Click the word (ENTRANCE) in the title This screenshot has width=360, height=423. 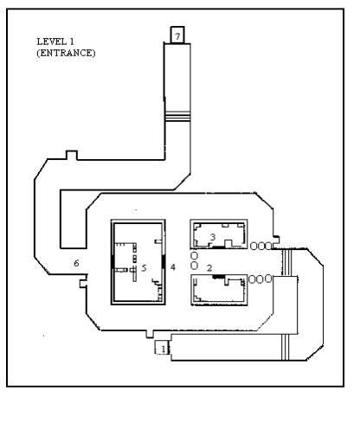pyautogui.click(x=66, y=53)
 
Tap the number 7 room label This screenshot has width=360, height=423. pyautogui.click(x=177, y=36)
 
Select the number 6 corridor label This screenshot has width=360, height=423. pyautogui.click(x=76, y=263)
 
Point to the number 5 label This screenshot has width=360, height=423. pyautogui.click(x=144, y=268)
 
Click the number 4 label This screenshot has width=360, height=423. pyautogui.click(x=173, y=267)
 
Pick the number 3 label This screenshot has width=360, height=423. pyautogui.click(x=213, y=237)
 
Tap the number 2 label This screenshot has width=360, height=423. pyautogui.click(x=209, y=268)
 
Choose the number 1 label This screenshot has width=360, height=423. pyautogui.click(x=164, y=349)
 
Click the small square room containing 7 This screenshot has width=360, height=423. pyautogui.click(x=177, y=35)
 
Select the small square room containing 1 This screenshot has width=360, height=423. pyautogui.click(x=162, y=347)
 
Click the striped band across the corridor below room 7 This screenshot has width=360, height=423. pyautogui.click(x=177, y=117)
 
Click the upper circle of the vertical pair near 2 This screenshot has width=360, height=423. pyautogui.click(x=195, y=256)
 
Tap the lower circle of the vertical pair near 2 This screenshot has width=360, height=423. pyautogui.click(x=195, y=266)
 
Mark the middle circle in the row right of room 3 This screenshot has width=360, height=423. pyautogui.click(x=261, y=246)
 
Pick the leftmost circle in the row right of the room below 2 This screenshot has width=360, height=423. pyautogui.click(x=252, y=279)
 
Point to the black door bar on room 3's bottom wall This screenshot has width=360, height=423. pyautogui.click(x=218, y=247)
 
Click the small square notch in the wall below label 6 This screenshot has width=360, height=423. pyautogui.click(x=83, y=284)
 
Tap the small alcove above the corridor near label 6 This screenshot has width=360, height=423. pyautogui.click(x=72, y=155)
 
